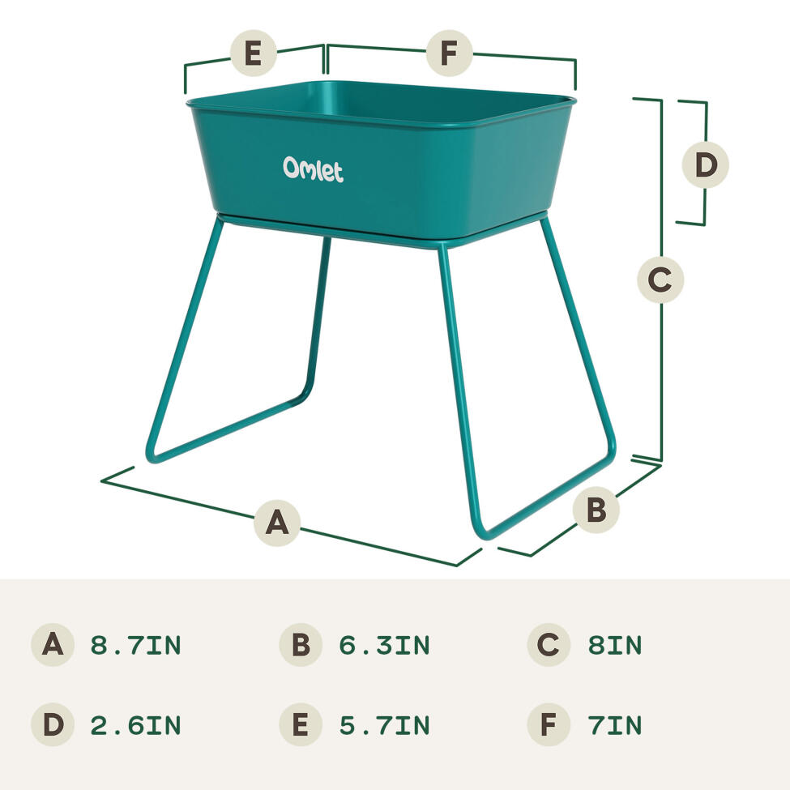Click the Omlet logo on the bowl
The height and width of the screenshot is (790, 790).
coord(313,169)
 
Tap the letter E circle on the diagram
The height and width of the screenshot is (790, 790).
coord(254,55)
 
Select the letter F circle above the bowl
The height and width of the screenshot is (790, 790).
coord(450,54)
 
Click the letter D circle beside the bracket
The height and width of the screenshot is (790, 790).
coord(706,165)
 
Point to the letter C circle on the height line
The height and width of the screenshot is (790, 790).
coord(660,280)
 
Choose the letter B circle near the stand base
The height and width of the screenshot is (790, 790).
coord(596,510)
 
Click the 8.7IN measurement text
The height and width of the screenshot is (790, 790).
coord(135,646)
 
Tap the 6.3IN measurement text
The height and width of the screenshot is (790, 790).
coord(384,646)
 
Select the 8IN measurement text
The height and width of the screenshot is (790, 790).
coord(615,646)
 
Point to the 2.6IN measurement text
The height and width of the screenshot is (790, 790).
coord(135,725)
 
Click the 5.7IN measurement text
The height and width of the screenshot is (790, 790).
coord(384,725)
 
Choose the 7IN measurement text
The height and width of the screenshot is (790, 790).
coord(615,725)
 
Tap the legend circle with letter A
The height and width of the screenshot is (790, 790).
coord(53,646)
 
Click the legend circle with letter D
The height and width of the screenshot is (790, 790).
coord(53,725)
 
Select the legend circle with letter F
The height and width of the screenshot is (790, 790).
coord(549,725)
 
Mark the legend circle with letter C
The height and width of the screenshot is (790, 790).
coord(549,646)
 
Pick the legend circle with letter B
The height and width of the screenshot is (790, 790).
coord(301,646)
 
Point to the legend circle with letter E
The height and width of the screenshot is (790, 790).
coord(301,725)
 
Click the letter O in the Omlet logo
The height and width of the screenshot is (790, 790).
coord(291,168)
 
